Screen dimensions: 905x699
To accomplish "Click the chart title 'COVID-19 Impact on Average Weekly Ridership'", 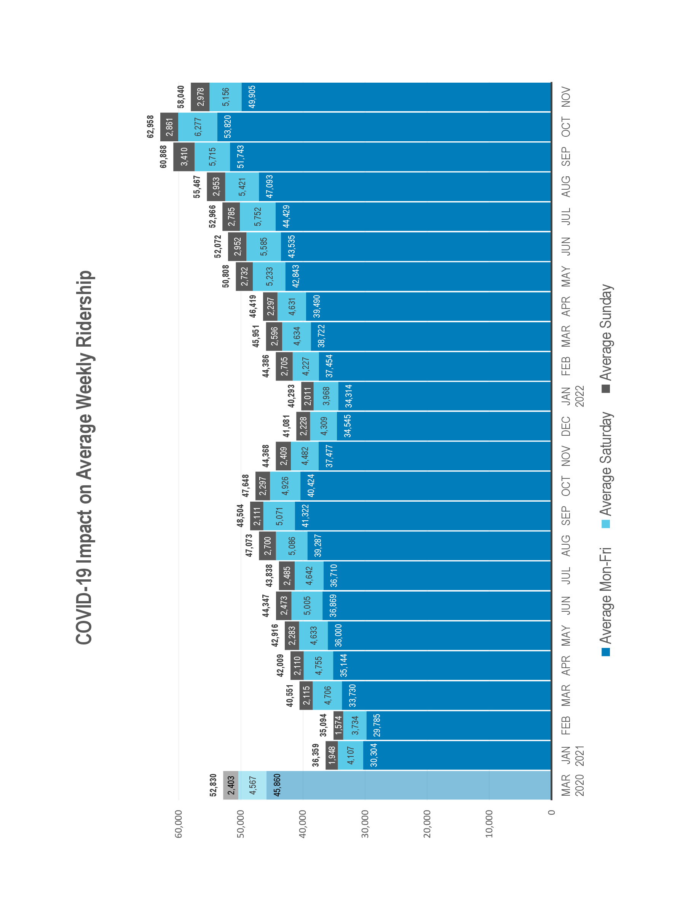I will (85, 457).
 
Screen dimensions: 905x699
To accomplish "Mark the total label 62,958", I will (150, 126).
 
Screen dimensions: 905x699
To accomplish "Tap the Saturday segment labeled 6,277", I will (198, 127).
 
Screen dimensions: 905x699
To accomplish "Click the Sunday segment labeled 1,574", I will (338, 725).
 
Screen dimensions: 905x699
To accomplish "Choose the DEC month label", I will (566, 426).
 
